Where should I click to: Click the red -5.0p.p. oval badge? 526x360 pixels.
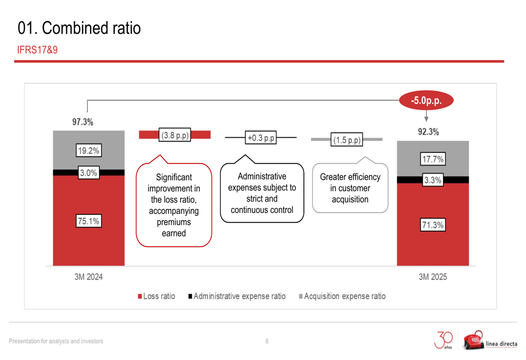[x=426, y=100]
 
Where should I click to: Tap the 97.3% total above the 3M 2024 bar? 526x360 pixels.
[x=83, y=122]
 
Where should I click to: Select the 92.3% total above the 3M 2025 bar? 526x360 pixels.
[x=428, y=132]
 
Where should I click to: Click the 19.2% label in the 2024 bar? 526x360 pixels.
[x=88, y=150]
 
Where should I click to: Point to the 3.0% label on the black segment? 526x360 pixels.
[x=88, y=173]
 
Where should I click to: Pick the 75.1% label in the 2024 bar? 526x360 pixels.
[x=88, y=221]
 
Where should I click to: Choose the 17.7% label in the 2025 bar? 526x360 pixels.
[x=433, y=159]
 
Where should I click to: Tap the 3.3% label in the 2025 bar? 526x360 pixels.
[x=433, y=180]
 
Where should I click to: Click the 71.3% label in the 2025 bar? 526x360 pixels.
[x=433, y=225]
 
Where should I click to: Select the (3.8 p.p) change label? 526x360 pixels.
[x=175, y=135]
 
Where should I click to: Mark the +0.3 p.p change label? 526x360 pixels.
[x=261, y=138]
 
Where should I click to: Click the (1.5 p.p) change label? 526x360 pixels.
[x=347, y=140]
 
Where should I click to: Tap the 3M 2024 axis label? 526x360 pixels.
[x=88, y=277]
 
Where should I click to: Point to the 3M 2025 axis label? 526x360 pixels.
[x=433, y=277]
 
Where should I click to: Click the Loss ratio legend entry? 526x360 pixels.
[x=156, y=296]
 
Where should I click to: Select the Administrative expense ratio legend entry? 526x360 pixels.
[x=237, y=296]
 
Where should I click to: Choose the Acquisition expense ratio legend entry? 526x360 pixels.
[x=342, y=296]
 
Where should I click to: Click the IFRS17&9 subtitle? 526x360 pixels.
[x=37, y=50]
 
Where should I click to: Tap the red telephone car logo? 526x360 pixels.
[x=473, y=340]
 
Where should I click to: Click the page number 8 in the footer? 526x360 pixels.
[x=267, y=341]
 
